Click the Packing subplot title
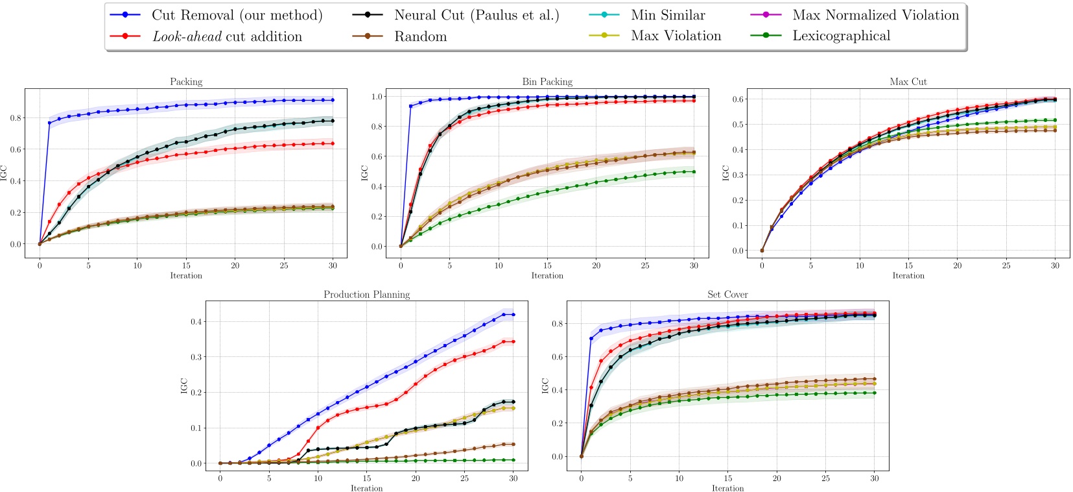pyautogui.click(x=186, y=82)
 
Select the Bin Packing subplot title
pyautogui.click(x=547, y=82)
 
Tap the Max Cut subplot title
pyautogui.click(x=908, y=82)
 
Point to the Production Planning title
pyautogui.click(x=366, y=295)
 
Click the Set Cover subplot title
pyautogui.click(x=727, y=295)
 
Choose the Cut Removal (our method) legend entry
pyautogui.click(x=237, y=15)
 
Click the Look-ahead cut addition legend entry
pyautogui.click(x=227, y=36)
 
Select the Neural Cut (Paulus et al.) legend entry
pyautogui.click(x=476, y=15)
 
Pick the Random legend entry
pyautogui.click(x=420, y=36)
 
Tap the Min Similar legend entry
pyautogui.click(x=668, y=15)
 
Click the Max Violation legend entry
pyautogui.click(x=676, y=36)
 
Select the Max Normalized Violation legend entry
pyautogui.click(x=875, y=15)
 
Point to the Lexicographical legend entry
pyautogui.click(x=841, y=36)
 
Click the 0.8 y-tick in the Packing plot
pyautogui.click(x=16, y=118)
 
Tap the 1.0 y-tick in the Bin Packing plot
pyautogui.click(x=377, y=97)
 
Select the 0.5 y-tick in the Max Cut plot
pyautogui.click(x=738, y=125)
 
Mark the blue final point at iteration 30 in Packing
pyautogui.click(x=333, y=100)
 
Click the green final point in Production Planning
pyautogui.click(x=513, y=460)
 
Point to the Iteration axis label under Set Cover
pyautogui.click(x=727, y=488)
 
